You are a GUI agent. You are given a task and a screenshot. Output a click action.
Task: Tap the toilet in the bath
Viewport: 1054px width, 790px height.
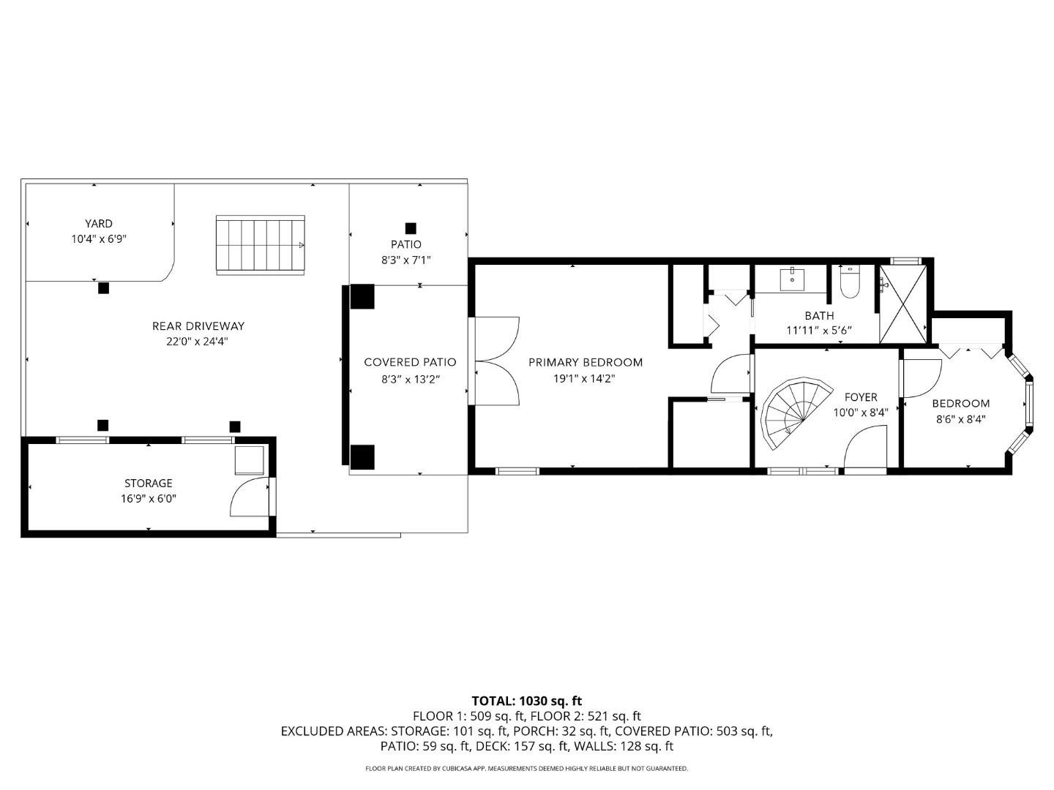[849, 283]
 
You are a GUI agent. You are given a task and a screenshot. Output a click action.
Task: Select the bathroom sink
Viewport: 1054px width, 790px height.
[792, 279]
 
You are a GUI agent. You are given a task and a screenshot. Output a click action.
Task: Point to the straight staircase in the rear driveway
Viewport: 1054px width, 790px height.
[260, 245]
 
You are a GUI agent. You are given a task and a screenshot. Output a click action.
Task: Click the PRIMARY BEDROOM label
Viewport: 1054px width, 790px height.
[586, 362]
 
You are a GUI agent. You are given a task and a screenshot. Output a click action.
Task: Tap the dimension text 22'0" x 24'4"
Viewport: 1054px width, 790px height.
[198, 342]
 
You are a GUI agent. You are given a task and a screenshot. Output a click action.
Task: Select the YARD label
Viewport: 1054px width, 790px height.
[99, 224]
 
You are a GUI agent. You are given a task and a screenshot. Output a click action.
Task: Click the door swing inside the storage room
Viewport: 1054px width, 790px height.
[249, 497]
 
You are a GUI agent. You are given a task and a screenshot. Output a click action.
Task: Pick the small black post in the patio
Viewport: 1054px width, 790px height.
[411, 228]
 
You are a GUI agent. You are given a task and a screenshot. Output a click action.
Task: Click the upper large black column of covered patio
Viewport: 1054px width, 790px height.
[362, 296]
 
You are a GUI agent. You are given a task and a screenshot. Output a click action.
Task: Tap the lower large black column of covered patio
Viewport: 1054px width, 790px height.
[362, 457]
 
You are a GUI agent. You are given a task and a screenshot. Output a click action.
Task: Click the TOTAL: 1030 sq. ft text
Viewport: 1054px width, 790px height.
[526, 701]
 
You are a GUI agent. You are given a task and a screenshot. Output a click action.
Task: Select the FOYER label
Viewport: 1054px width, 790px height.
[861, 397]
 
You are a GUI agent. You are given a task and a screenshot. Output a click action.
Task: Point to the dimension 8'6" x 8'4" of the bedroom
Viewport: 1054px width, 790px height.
[960, 419]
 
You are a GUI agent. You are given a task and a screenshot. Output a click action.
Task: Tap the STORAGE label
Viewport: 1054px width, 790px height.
[149, 483]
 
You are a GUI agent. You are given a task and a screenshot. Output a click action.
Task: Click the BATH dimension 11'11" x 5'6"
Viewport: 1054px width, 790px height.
[819, 330]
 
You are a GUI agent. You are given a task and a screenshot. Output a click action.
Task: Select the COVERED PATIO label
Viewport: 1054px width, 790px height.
[410, 362]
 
